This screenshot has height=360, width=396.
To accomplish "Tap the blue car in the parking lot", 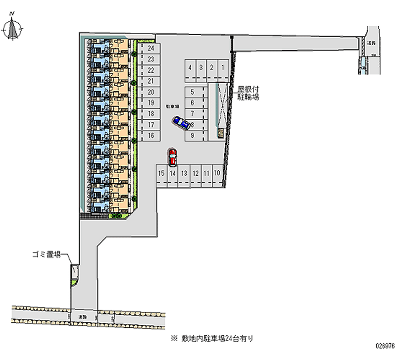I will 181,123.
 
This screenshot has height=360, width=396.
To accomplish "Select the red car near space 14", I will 172,157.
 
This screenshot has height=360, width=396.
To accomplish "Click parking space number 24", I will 151,49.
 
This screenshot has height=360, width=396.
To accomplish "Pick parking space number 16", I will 151,135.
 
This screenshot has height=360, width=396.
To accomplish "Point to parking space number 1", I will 223,68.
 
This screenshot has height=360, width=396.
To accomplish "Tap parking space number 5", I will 192,92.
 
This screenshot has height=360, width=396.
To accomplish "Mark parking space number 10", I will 217,173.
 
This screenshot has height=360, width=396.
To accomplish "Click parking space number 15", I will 161,173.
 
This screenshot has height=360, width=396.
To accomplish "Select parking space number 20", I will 151,92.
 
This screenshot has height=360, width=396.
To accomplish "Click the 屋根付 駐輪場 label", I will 248,93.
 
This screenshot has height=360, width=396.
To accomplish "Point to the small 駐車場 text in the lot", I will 171,106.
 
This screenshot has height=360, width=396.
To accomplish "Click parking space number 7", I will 192,113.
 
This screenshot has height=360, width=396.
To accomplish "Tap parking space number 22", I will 151,70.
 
